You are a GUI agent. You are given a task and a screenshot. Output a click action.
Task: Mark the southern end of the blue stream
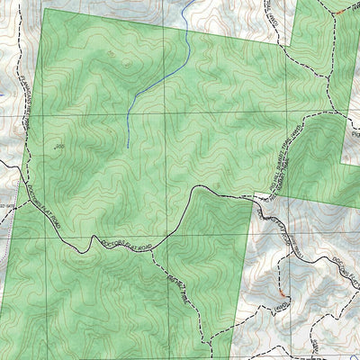[128, 146]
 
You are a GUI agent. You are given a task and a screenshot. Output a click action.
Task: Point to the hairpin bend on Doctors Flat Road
[90, 246]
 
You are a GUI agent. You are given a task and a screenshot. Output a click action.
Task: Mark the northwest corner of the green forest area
[44, 10]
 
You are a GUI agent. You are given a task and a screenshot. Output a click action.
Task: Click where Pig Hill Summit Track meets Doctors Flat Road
[261, 197]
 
